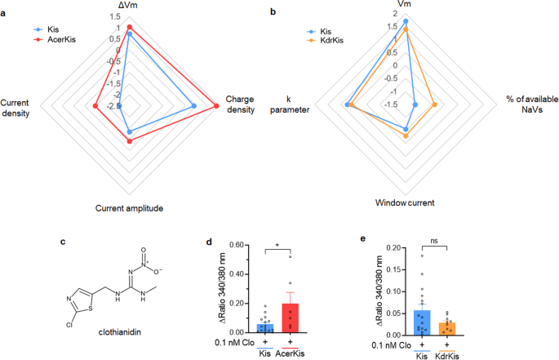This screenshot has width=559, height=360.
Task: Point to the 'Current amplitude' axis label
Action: coord(130,208)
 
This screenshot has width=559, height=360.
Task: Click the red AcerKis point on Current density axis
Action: coord(95,106)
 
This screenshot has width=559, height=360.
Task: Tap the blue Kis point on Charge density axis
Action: coord(193,106)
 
